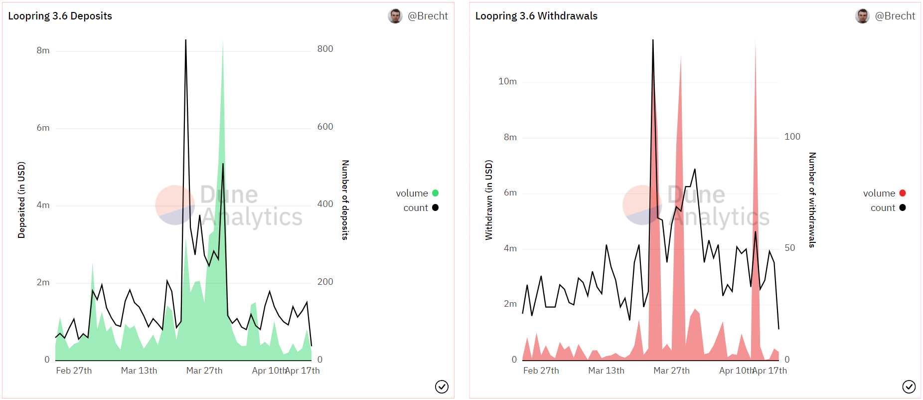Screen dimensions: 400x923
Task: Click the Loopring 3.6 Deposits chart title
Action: (x=60, y=16)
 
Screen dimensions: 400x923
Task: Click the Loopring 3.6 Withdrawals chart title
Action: (x=536, y=16)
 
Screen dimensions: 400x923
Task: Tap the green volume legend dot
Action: (x=435, y=193)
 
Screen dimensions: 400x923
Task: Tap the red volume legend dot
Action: (x=903, y=193)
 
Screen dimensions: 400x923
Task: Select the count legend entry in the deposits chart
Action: (x=416, y=207)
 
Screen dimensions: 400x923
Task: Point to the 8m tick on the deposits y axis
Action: (x=43, y=50)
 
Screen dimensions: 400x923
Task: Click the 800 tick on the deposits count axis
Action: (x=325, y=49)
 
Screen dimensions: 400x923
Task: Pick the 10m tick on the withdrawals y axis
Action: (x=507, y=81)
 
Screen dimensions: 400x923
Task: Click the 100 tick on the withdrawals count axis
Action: (x=792, y=137)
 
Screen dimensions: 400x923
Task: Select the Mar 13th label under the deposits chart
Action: (x=139, y=371)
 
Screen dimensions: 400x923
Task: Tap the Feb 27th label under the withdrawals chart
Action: (x=541, y=371)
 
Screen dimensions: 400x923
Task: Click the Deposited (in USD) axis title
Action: (x=21, y=200)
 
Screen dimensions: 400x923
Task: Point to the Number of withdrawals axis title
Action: (x=812, y=200)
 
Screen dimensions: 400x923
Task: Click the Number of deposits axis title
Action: (x=345, y=200)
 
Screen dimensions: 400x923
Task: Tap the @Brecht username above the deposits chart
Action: (x=428, y=16)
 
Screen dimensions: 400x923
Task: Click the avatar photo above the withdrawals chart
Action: (x=862, y=16)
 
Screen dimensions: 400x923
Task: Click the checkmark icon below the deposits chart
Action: (x=442, y=387)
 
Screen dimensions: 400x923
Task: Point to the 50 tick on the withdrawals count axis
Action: (x=789, y=248)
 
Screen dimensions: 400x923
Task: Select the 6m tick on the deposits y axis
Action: (x=43, y=128)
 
